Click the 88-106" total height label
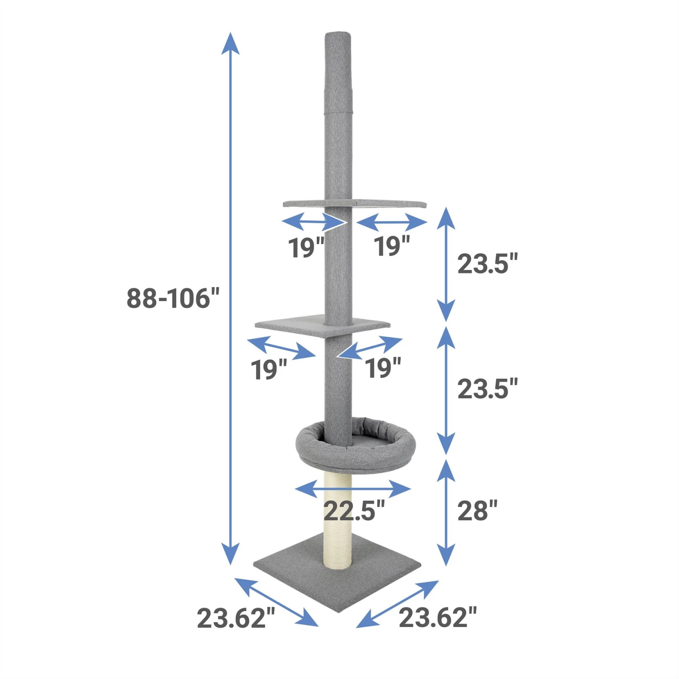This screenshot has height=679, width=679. (x=172, y=298)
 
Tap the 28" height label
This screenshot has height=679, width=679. (x=477, y=511)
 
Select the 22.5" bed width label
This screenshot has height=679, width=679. (x=354, y=511)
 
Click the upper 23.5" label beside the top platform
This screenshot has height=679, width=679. (x=487, y=264)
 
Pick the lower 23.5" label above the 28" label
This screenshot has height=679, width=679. (x=487, y=389)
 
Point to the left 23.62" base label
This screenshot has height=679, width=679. (x=236, y=618)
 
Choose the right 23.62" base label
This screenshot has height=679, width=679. (x=438, y=618)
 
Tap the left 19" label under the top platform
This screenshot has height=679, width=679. (x=306, y=248)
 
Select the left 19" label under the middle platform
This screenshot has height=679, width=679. (x=269, y=369)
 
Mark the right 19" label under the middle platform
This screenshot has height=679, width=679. (x=383, y=368)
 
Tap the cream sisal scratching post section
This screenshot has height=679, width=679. (x=338, y=521)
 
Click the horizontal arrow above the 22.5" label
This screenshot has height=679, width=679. (x=353, y=489)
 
